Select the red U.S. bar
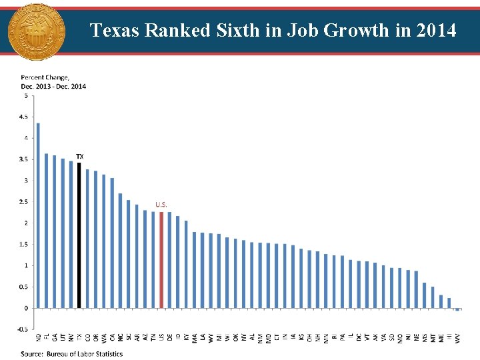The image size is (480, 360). [x=161, y=260]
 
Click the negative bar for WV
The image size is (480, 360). [x=457, y=309]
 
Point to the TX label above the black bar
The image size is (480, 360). [x=80, y=157]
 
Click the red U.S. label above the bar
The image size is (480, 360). [x=161, y=205]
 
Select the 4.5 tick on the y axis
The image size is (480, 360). [x=25, y=117]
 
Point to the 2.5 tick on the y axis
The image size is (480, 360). [x=25, y=201]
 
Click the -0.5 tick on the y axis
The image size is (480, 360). [x=23, y=329]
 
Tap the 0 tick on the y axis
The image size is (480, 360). [x=27, y=308]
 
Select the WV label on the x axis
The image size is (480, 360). [x=457, y=338]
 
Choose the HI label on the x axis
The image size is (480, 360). [x=449, y=337]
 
